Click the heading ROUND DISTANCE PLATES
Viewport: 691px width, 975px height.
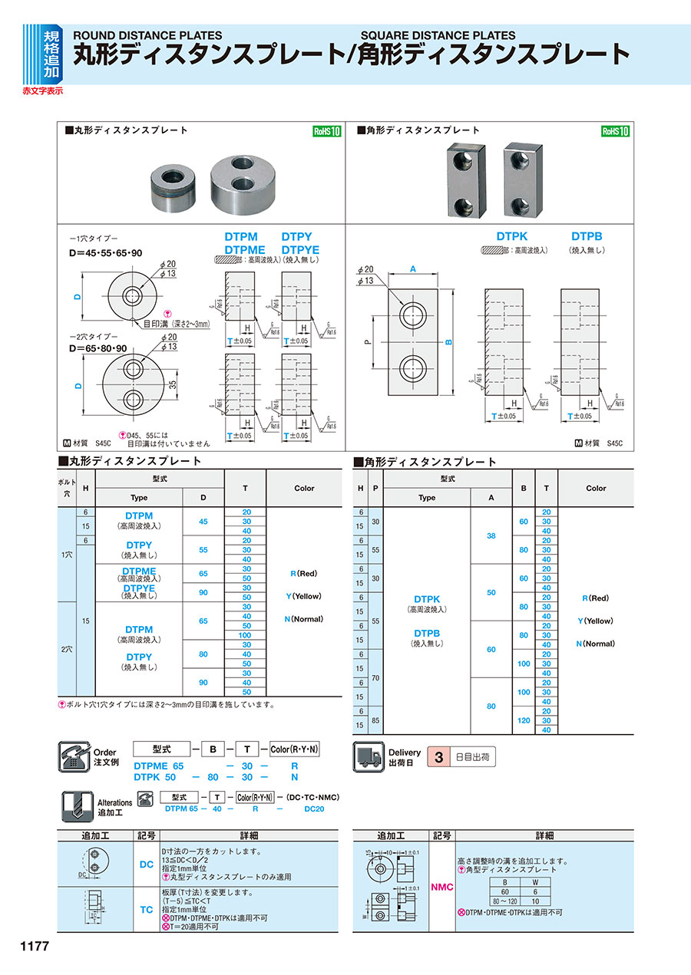147,35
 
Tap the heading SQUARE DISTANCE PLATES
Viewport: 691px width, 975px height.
438,35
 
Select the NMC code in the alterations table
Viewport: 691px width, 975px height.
442,887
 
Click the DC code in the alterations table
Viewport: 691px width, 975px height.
146,865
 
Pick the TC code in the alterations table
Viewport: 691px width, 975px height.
146,910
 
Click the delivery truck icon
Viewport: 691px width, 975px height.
367,757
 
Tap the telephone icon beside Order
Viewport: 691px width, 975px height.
74,757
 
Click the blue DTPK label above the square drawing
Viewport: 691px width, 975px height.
512,238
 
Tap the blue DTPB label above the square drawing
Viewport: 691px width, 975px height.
587,238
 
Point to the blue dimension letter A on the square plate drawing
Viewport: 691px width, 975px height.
413,269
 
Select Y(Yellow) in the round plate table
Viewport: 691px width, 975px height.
304,596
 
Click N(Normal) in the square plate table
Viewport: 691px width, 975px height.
596,644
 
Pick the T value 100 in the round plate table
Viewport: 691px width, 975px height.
245,635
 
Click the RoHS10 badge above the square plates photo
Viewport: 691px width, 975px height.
615,131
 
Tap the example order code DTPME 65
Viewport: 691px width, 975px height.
160,766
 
